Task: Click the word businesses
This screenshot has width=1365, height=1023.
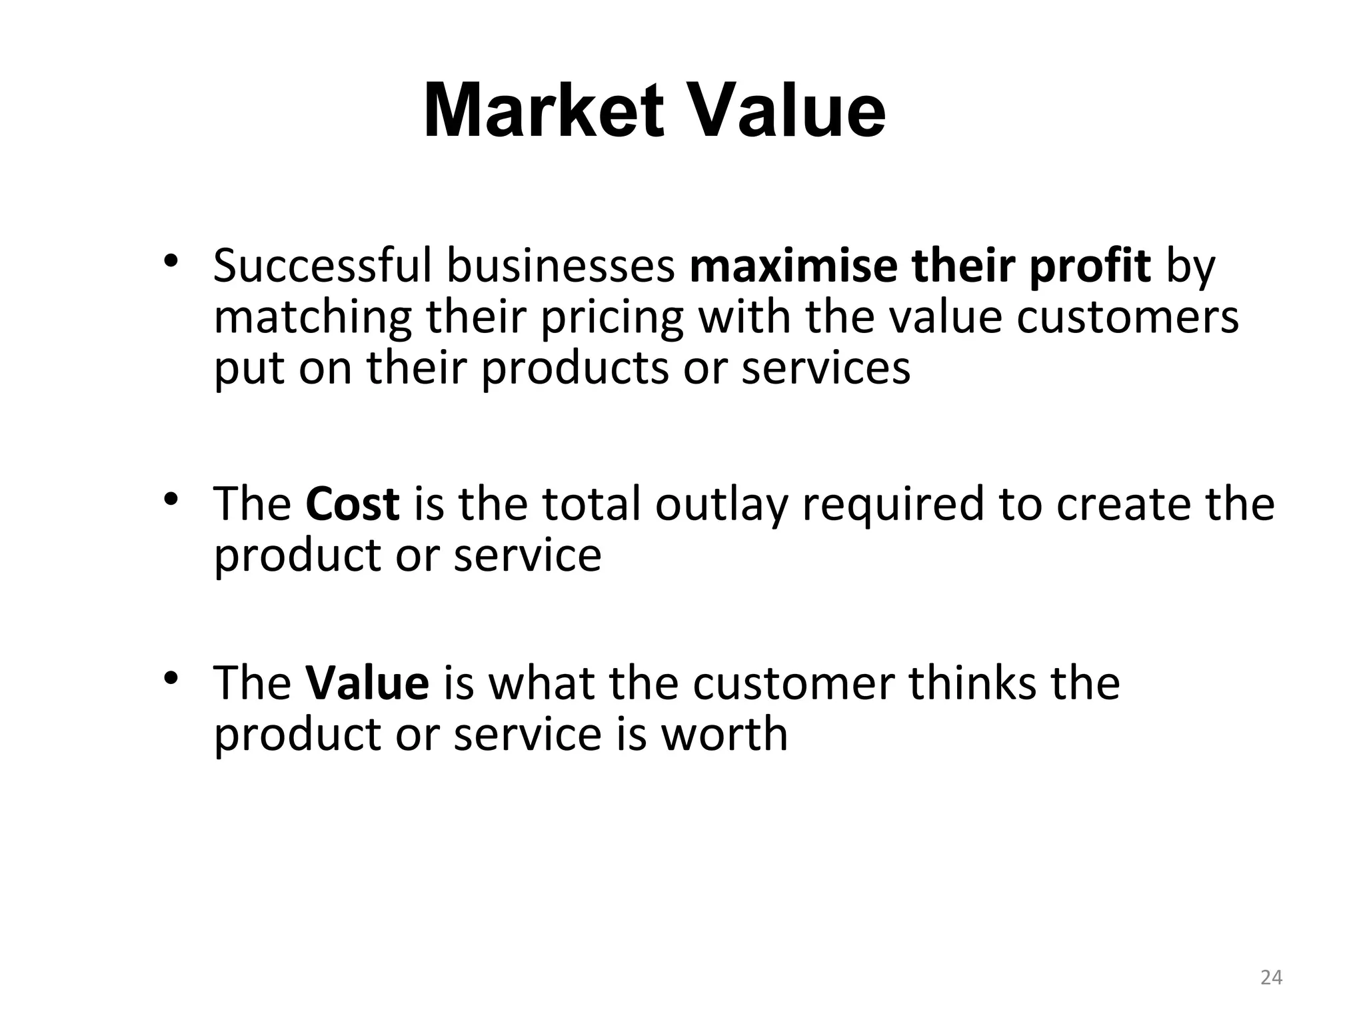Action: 561,266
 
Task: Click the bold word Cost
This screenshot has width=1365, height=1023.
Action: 353,504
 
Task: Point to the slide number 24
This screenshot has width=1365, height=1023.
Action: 1272,978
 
